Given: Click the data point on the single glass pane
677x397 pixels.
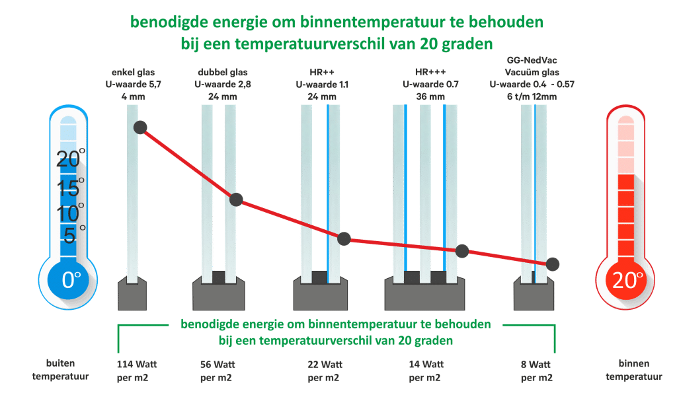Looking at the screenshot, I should (140, 127).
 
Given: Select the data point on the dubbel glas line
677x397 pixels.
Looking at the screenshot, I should (236, 199).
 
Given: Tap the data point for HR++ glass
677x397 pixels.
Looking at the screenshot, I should (344, 238).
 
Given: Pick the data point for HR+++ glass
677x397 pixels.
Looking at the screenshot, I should (462, 251).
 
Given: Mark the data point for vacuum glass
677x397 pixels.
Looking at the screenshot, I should (553, 264).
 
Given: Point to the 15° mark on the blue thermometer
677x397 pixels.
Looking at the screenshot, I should (69, 188).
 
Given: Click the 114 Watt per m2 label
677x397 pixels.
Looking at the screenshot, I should (138, 371).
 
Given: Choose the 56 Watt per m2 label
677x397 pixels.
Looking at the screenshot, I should (218, 371).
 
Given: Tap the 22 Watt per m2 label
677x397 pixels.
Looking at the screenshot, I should (325, 371).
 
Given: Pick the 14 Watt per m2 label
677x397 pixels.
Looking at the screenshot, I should (426, 371).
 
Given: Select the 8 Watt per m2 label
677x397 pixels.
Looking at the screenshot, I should (536, 371).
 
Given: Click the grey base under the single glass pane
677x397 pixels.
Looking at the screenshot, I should (132, 295).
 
